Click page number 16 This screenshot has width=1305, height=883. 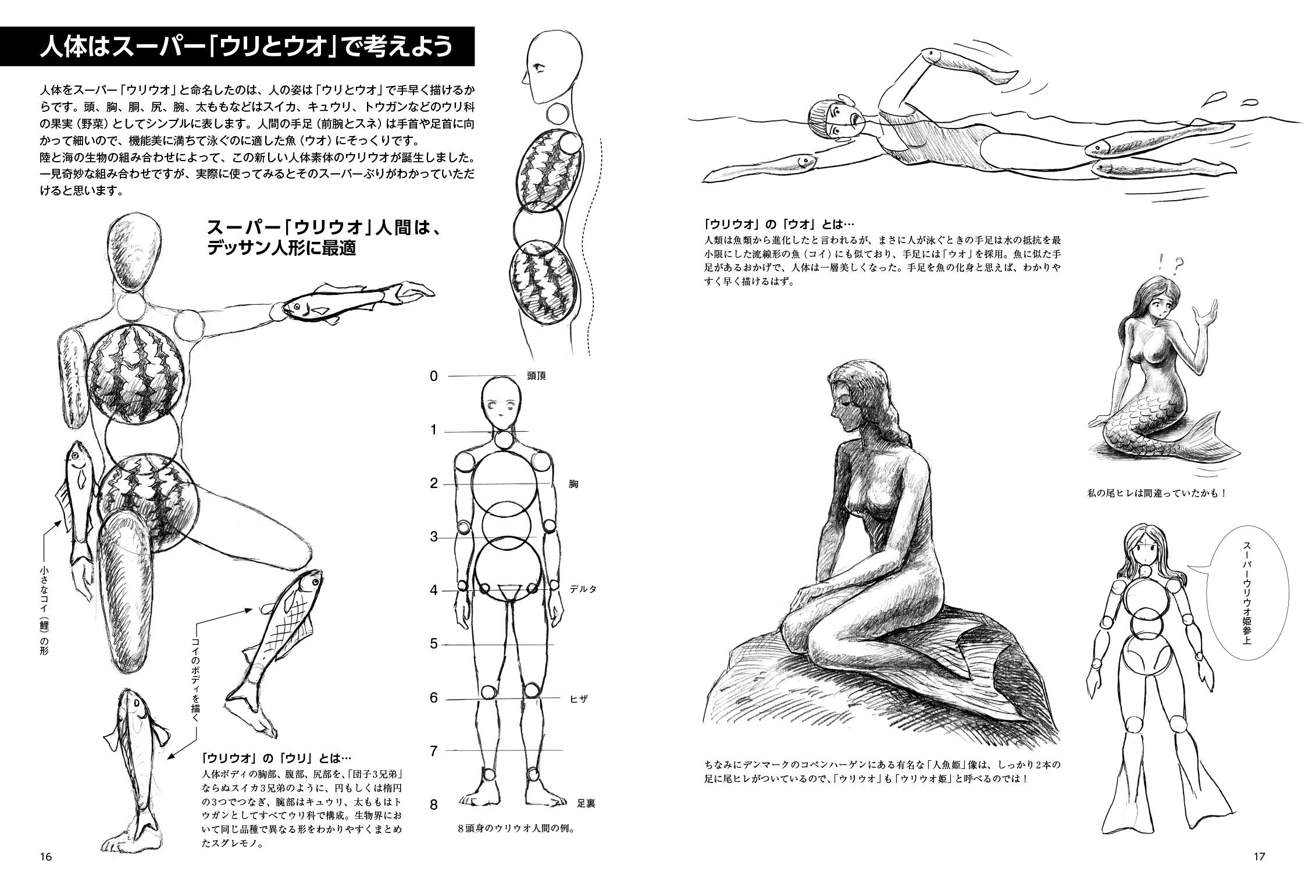pyautogui.click(x=46, y=857)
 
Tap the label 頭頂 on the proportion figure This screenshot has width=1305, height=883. pyautogui.click(x=536, y=376)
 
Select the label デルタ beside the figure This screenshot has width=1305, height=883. pyautogui.click(x=583, y=589)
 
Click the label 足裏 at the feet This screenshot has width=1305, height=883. pyautogui.click(x=586, y=804)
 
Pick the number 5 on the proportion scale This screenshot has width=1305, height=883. pyautogui.click(x=433, y=644)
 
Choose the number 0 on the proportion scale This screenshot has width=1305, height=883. pyautogui.click(x=433, y=376)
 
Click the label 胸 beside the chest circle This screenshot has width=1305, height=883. pyautogui.click(x=574, y=484)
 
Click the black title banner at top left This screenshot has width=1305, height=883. pyautogui.click(x=237, y=46)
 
